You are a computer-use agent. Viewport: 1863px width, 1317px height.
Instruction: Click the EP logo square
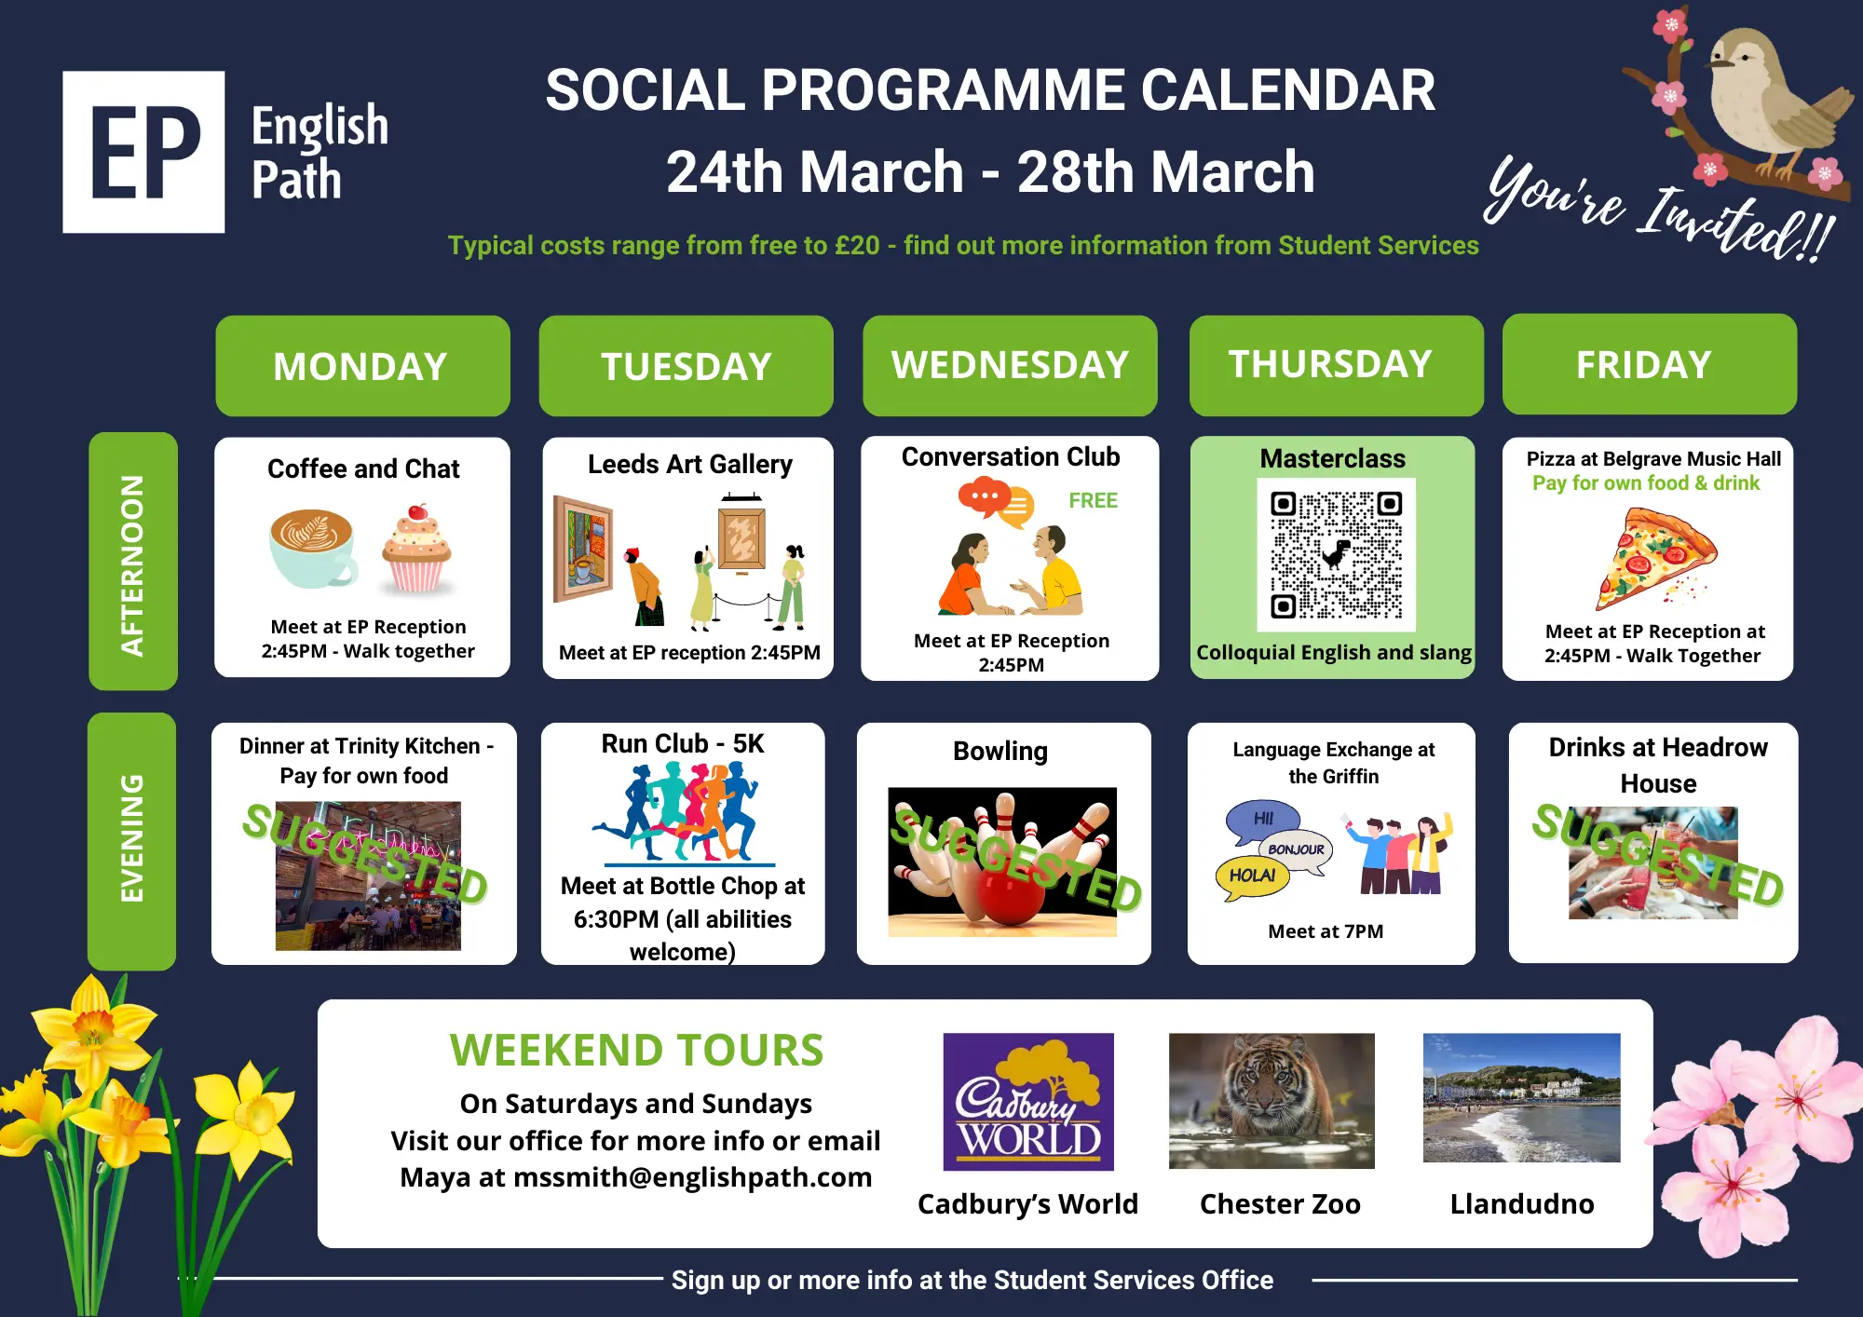(143, 152)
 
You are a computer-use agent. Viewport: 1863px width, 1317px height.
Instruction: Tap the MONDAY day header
(362, 366)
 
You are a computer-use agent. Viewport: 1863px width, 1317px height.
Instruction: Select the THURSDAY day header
(1336, 365)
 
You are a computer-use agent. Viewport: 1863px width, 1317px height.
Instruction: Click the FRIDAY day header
(1649, 364)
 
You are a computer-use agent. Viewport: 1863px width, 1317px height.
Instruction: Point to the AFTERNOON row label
(133, 561)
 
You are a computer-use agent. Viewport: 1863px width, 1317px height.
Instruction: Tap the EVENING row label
(132, 841)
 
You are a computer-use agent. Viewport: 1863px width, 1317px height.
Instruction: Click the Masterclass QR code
(1336, 555)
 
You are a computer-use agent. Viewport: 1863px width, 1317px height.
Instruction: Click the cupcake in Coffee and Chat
(415, 549)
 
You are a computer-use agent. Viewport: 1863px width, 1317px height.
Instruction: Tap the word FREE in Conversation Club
(1093, 500)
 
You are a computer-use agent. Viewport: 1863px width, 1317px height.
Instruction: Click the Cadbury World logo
(1028, 1101)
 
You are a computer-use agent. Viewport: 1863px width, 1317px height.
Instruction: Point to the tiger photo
(1271, 1100)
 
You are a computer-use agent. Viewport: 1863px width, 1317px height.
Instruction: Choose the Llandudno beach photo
(1522, 1097)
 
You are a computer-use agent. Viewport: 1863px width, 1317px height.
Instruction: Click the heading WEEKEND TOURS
(636, 1050)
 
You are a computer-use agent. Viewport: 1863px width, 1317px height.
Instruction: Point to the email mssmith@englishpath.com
(692, 1177)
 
